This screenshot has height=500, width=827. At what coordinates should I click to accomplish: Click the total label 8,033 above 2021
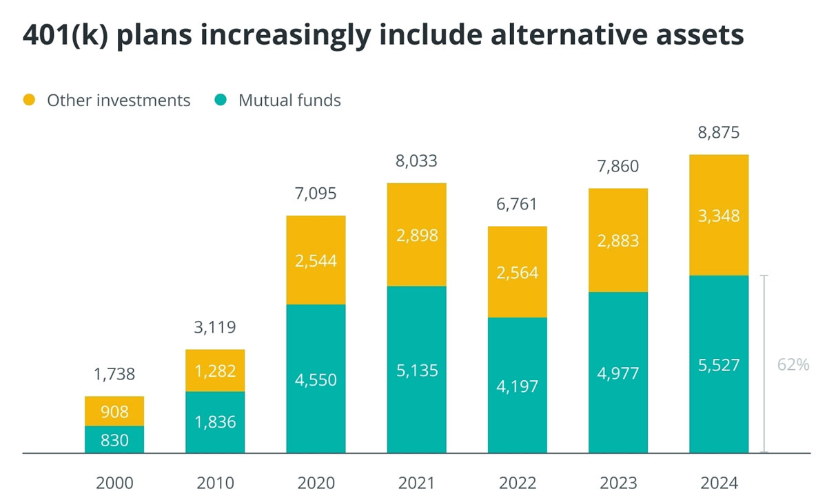point(416,162)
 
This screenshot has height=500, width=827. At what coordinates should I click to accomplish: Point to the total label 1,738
point(114,375)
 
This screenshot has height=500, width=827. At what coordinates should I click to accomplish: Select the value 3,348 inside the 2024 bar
point(718,216)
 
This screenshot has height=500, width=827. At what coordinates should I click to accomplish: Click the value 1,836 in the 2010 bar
point(215,422)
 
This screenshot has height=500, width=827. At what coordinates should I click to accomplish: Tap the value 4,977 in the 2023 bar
point(617,373)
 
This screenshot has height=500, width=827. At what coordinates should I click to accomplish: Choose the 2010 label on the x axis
point(215,482)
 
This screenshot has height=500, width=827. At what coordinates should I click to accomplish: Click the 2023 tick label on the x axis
point(617,482)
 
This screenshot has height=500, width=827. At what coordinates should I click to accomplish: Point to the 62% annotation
point(793,365)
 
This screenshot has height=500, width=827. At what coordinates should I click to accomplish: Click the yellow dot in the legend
point(30,101)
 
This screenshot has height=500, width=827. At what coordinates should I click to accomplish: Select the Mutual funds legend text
point(289,101)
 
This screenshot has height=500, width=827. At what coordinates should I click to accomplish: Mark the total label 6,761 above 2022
point(517,205)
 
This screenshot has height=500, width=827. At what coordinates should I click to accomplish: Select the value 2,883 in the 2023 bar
point(617,241)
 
